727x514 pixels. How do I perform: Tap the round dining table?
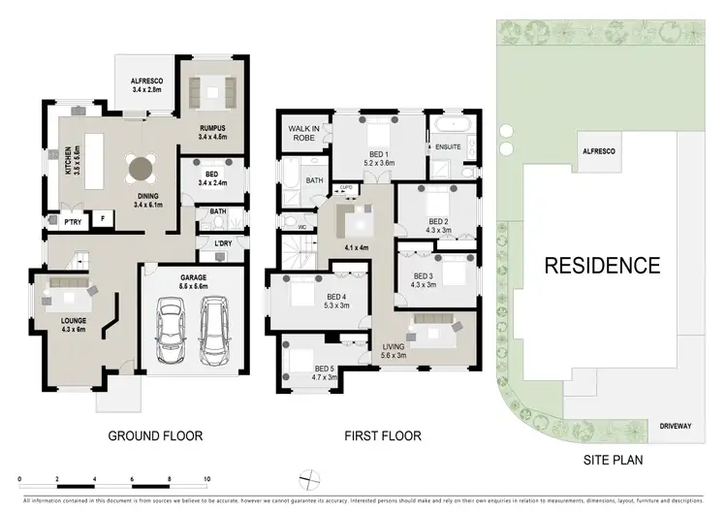[140, 168]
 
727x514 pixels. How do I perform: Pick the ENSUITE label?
[448, 147]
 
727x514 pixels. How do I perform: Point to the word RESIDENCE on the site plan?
[601, 265]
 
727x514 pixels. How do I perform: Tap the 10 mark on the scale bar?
[205, 480]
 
